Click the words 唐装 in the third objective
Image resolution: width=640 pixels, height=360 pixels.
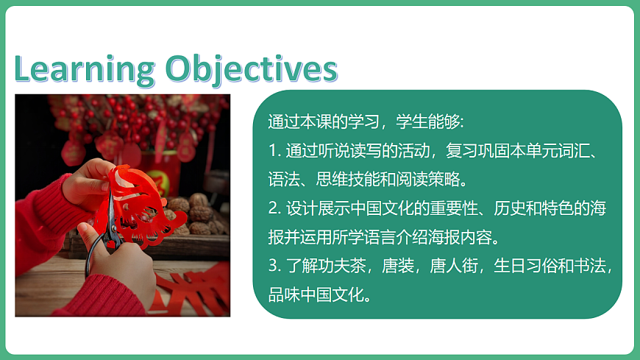tap(402, 266)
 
